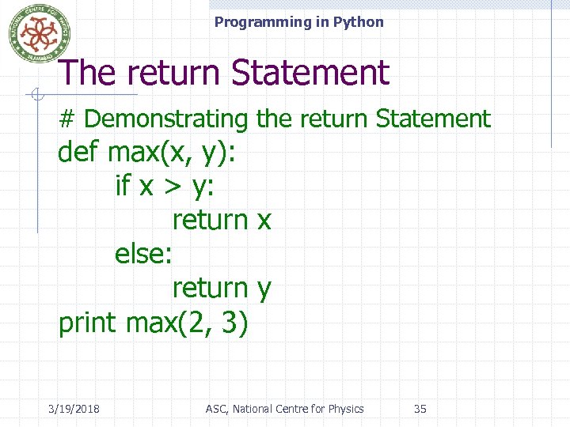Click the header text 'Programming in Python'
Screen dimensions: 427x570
[298, 22]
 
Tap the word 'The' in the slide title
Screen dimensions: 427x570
[87, 73]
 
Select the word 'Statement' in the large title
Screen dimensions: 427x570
[310, 73]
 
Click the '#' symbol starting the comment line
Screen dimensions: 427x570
[67, 119]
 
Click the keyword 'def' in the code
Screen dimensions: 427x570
[78, 152]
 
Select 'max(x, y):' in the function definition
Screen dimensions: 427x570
[171, 152]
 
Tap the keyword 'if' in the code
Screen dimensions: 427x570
[123, 186]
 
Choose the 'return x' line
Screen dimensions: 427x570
[222, 220]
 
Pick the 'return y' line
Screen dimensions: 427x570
[222, 289]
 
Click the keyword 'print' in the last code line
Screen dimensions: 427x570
[87, 323]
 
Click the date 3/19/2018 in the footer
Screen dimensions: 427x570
[73, 409]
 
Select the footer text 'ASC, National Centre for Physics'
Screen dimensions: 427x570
[284, 409]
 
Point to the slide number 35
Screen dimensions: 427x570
[420, 409]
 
